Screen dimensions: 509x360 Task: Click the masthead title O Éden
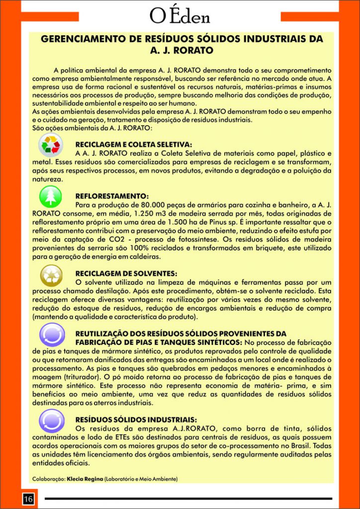click(180, 16)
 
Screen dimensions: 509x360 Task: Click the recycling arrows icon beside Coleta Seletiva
click(51, 147)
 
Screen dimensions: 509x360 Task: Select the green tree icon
click(51, 197)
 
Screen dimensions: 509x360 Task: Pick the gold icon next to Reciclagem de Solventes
click(51, 275)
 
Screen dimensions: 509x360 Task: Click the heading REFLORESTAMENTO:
click(112, 196)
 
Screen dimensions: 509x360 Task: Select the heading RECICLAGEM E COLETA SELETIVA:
click(134, 145)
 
